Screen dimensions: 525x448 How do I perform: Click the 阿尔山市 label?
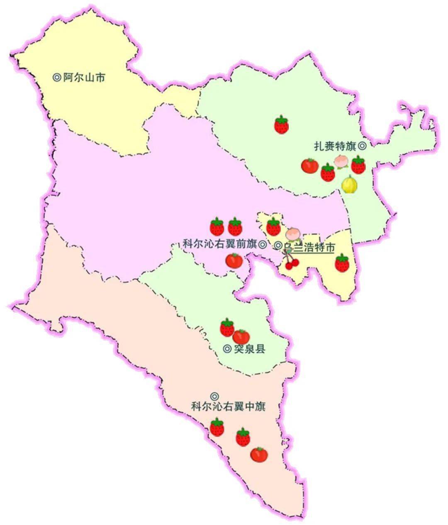point(84,78)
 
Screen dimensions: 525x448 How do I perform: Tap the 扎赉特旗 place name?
point(335,146)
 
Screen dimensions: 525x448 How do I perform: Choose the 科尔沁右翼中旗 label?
point(228,407)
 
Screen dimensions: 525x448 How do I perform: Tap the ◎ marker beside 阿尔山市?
point(57,78)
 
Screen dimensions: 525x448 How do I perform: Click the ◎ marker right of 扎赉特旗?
point(362,146)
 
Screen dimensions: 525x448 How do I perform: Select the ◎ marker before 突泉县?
point(227,349)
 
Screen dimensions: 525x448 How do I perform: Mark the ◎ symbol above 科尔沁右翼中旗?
point(214,396)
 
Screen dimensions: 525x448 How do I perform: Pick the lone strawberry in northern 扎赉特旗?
point(282,124)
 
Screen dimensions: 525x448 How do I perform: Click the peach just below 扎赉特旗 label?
point(341,161)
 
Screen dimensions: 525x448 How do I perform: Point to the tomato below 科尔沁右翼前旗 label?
point(234,260)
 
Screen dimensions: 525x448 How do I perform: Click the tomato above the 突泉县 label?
point(241,336)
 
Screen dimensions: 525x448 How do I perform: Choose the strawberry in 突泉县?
point(227,328)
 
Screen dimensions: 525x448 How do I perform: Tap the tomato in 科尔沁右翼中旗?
point(259,455)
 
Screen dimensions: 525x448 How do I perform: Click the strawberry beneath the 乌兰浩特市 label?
point(342,263)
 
